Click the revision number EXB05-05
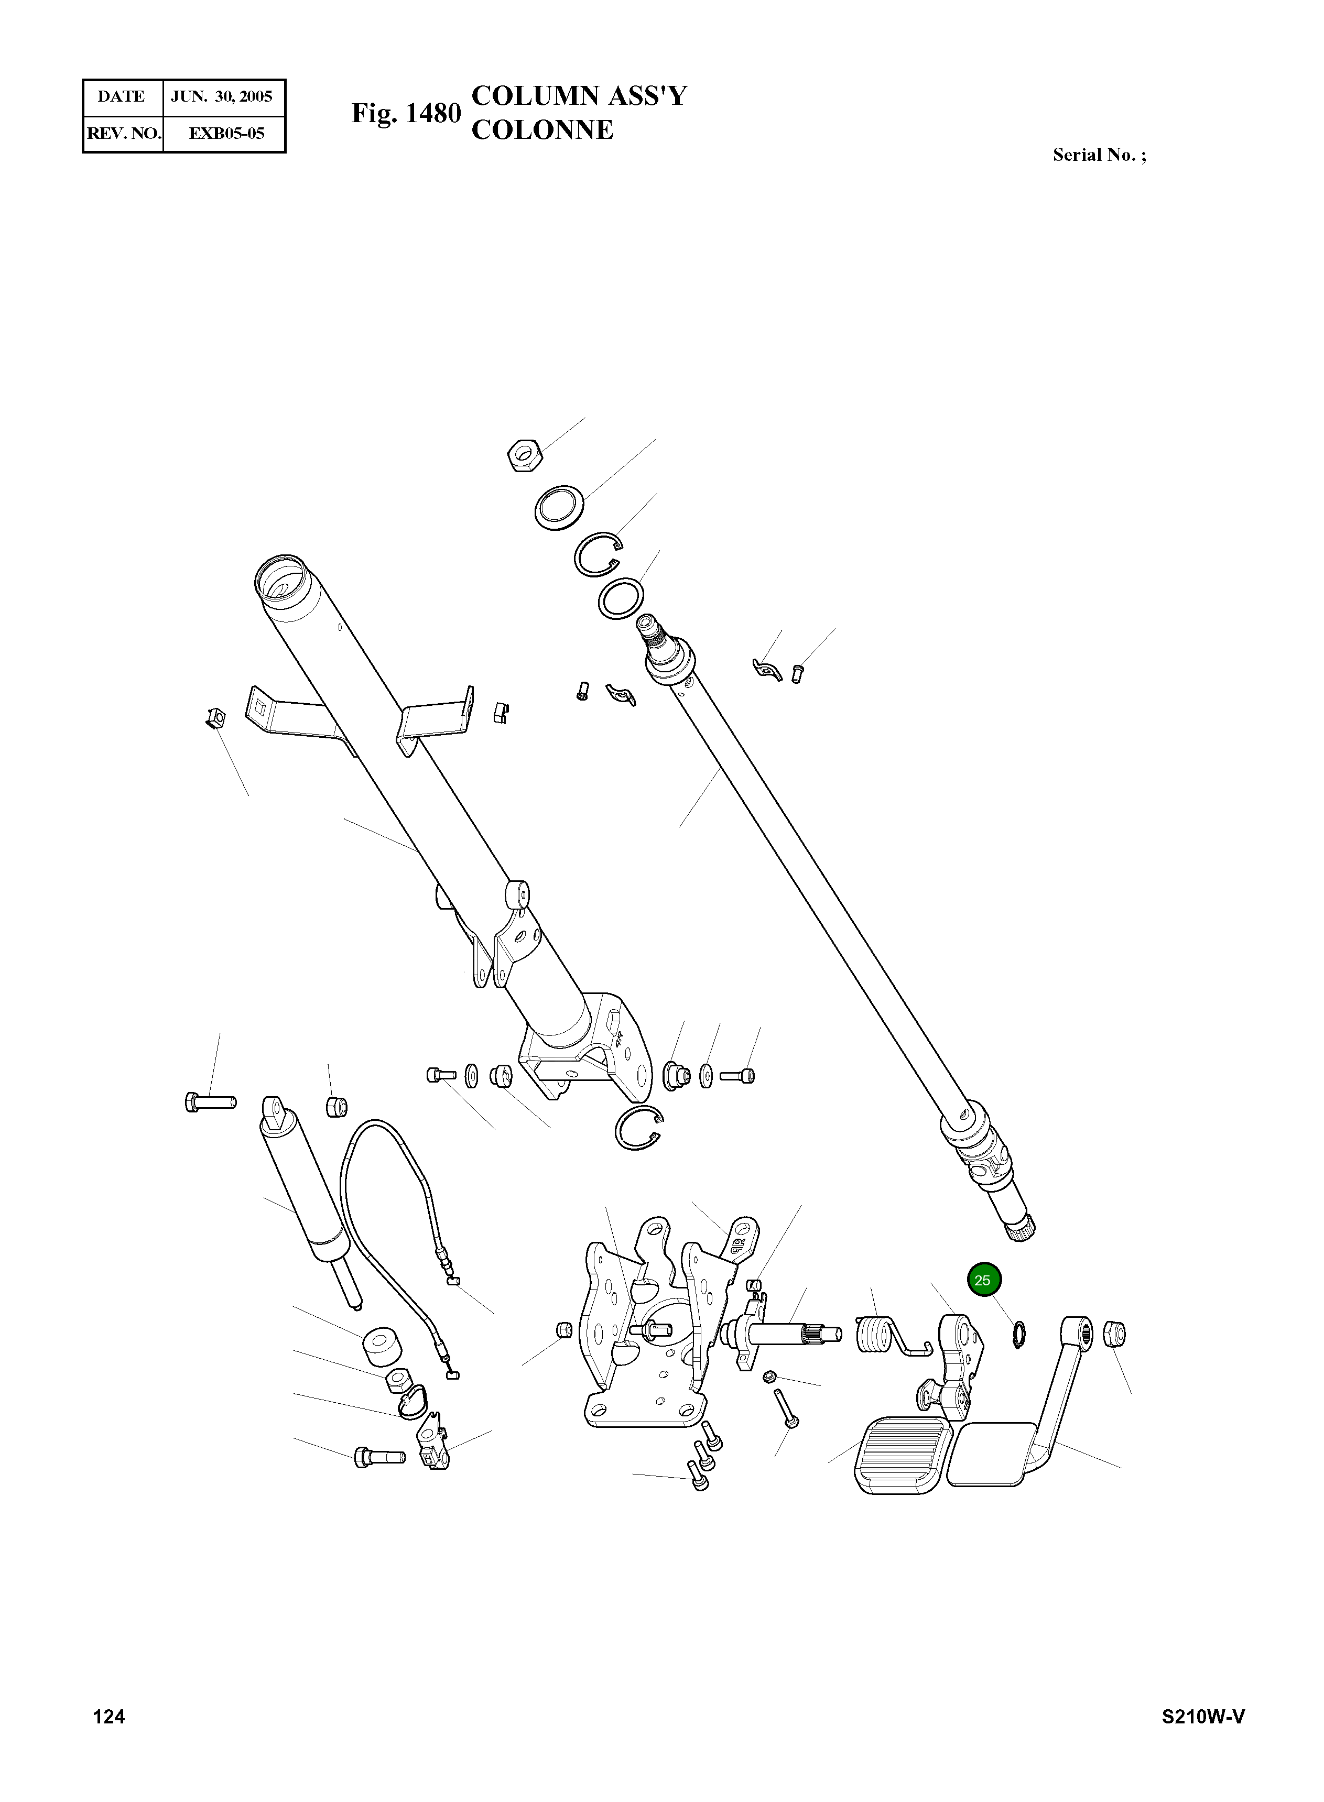point(226,133)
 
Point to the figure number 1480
point(433,114)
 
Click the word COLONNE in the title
point(542,130)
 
